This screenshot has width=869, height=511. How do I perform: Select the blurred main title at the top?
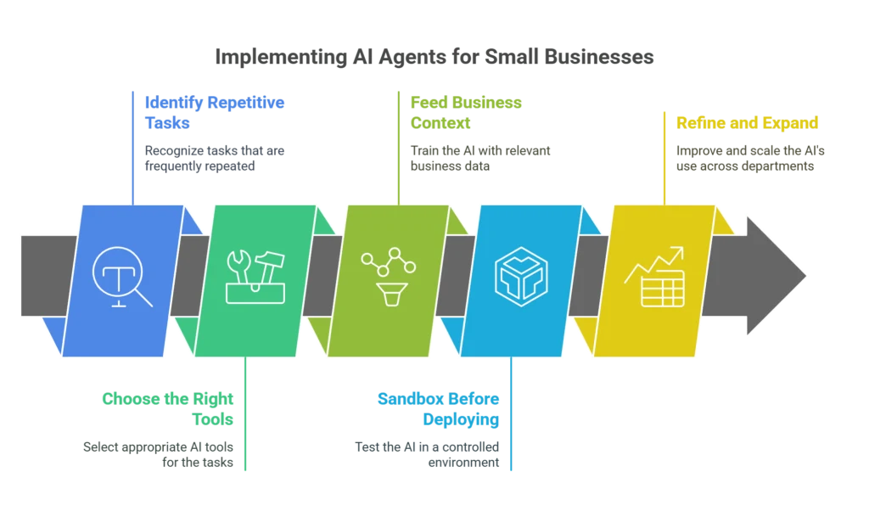point(434,58)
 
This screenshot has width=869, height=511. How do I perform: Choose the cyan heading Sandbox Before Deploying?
point(439,408)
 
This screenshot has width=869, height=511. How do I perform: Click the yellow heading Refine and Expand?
point(747,122)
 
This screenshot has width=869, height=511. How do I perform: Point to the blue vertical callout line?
point(132,144)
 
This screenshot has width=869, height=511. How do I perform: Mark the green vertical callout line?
point(247,416)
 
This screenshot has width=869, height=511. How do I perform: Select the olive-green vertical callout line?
point(397,144)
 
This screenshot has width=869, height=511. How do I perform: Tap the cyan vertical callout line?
point(512,416)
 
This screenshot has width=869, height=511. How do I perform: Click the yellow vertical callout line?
point(664,157)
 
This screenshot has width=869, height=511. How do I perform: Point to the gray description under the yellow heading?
point(750,159)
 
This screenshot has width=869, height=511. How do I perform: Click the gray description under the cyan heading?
point(428,453)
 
